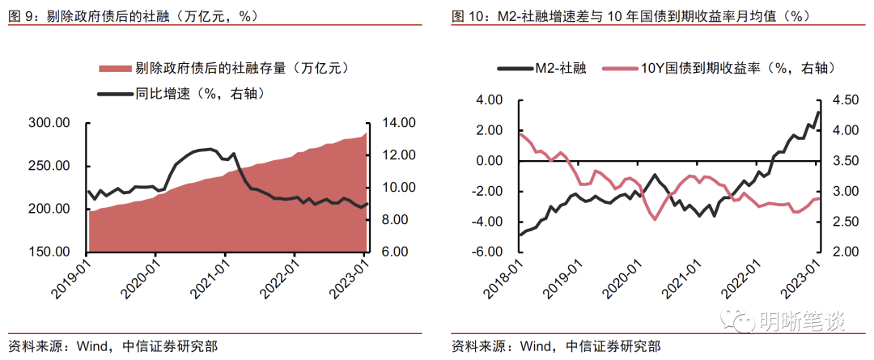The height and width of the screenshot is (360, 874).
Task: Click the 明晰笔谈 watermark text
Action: tap(801, 321)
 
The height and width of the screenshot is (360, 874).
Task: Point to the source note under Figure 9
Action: tap(112, 346)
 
